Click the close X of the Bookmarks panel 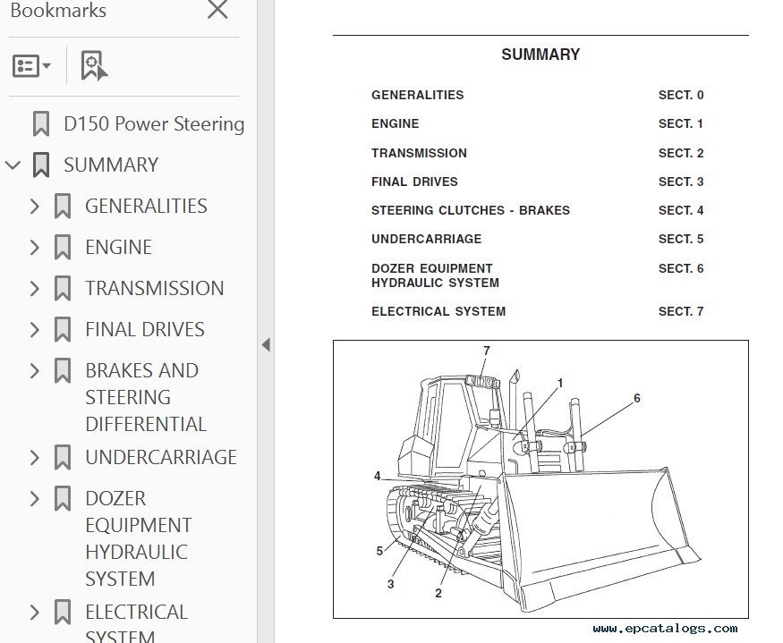pyautogui.click(x=217, y=9)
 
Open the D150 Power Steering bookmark pyautogui.click(x=154, y=123)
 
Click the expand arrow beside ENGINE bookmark pyautogui.click(x=35, y=247)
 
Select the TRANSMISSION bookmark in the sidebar pyautogui.click(x=154, y=288)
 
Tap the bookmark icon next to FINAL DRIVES pyautogui.click(x=63, y=329)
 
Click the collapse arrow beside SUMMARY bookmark pyautogui.click(x=13, y=165)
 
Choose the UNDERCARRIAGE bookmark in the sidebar pyautogui.click(x=161, y=457)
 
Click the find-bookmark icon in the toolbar pyautogui.click(x=94, y=65)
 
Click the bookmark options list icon pyautogui.click(x=31, y=65)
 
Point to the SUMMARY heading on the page pyautogui.click(x=540, y=55)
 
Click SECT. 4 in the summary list pyautogui.click(x=681, y=210)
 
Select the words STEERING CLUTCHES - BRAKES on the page pyautogui.click(x=471, y=210)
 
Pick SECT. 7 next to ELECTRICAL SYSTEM pyautogui.click(x=681, y=311)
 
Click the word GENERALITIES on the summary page pyautogui.click(x=418, y=95)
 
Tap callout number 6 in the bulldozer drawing pyautogui.click(x=636, y=398)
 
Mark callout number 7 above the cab pyautogui.click(x=487, y=351)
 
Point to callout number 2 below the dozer pyautogui.click(x=438, y=593)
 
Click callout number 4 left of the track pyautogui.click(x=378, y=476)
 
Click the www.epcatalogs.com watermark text pyautogui.click(x=665, y=629)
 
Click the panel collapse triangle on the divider pyautogui.click(x=266, y=344)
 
